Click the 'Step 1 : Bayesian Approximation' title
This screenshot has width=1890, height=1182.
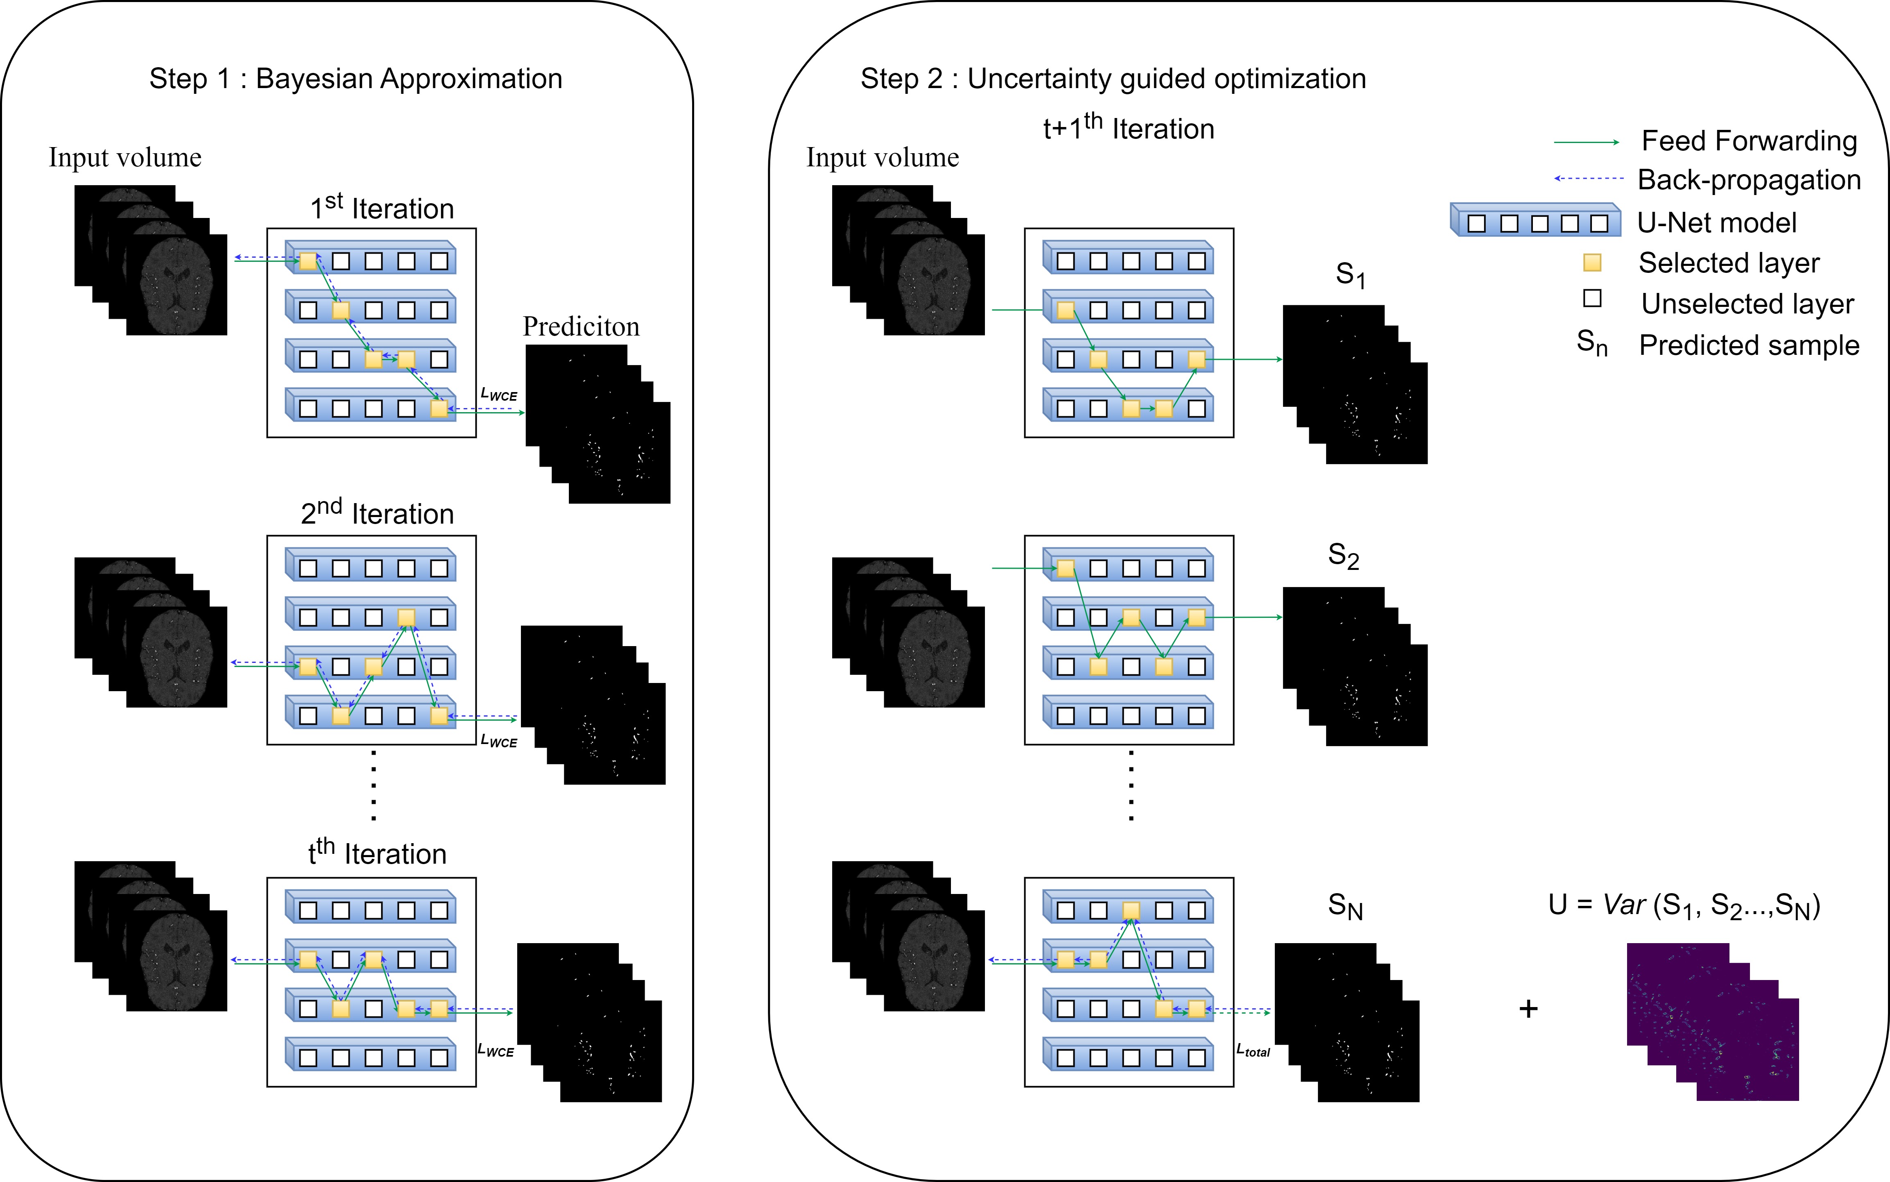(355, 79)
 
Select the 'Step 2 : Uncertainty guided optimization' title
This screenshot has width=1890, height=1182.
(1114, 79)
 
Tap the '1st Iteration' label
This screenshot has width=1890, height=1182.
(382, 207)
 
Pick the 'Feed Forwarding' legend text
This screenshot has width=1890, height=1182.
(1750, 141)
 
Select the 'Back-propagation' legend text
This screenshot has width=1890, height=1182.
(1750, 180)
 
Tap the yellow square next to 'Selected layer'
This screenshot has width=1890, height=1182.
(1592, 263)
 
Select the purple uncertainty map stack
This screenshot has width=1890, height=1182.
(1713, 1022)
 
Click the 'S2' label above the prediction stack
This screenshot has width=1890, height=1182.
(1344, 556)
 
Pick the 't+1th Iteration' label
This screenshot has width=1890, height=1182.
(1129, 127)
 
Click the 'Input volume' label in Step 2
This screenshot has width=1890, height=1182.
(883, 157)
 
